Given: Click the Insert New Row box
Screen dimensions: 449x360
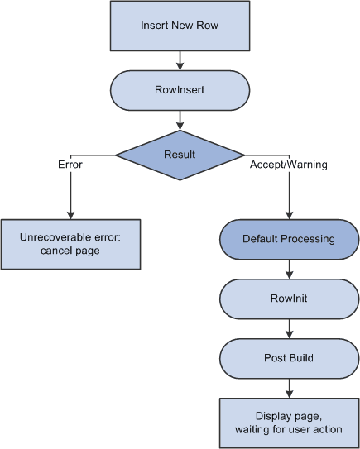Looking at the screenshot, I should (180, 26).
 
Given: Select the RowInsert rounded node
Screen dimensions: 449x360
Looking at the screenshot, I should (180, 90).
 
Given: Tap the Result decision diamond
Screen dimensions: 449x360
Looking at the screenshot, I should (180, 155).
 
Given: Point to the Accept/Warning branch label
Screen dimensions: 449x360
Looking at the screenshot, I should (289, 165).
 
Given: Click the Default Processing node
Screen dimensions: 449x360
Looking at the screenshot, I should (289, 239).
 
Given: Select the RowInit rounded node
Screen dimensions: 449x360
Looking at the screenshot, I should (289, 299).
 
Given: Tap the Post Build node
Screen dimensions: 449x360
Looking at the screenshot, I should (289, 357).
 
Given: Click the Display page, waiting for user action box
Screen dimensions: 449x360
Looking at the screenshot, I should (289, 423).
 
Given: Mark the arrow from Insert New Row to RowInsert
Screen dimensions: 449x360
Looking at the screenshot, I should (180, 60).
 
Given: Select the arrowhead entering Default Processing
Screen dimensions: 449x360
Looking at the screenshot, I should (289, 214).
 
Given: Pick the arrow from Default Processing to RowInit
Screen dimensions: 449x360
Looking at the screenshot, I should (289, 269).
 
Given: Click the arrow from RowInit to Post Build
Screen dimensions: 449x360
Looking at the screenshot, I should (289, 328).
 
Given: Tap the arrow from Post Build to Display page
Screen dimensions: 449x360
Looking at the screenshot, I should (289, 389).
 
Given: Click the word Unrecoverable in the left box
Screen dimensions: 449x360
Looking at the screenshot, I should (52, 237).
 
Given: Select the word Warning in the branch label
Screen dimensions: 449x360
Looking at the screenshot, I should (307, 165).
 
